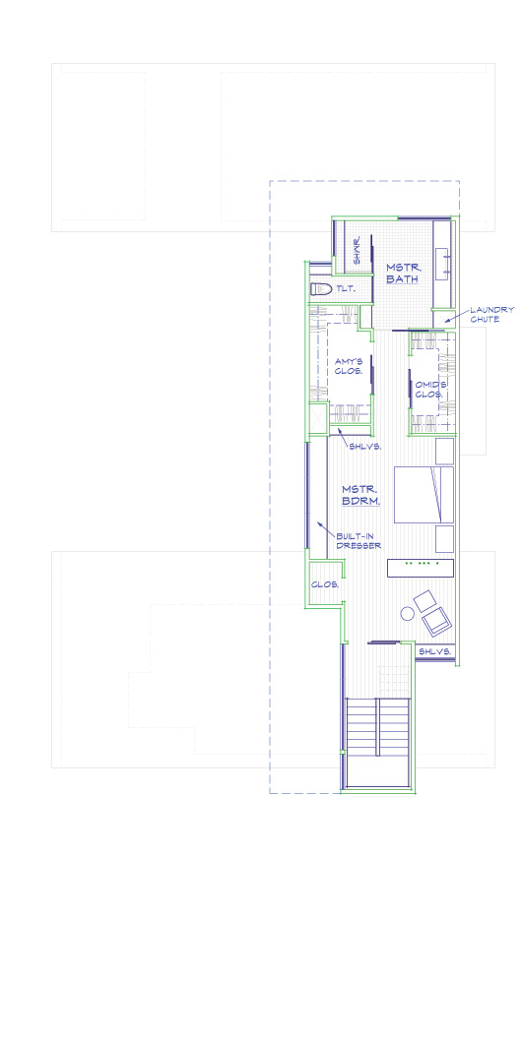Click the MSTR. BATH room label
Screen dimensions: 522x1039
(x=403, y=273)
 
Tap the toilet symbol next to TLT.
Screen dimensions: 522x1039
(x=321, y=289)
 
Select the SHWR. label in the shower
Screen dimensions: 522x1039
(x=357, y=251)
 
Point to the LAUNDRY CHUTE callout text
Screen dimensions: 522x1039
(x=491, y=314)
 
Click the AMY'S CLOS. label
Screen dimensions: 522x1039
(x=349, y=366)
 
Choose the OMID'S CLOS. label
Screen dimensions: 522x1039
(x=429, y=390)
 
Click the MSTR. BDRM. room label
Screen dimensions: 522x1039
(x=360, y=495)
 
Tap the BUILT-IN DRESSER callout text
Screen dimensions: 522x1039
(x=359, y=541)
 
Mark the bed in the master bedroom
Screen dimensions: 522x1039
(x=424, y=495)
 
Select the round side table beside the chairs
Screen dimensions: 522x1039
(x=407, y=614)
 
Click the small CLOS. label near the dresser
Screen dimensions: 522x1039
(x=325, y=584)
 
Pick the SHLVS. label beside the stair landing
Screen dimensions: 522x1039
(x=434, y=651)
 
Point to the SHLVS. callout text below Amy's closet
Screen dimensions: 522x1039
(x=364, y=447)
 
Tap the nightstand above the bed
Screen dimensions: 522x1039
(x=444, y=451)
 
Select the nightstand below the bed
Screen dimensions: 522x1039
(x=444, y=539)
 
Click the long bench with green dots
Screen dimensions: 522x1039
(x=421, y=568)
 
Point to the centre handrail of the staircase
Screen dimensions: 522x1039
(x=377, y=726)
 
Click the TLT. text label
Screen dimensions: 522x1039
(x=345, y=289)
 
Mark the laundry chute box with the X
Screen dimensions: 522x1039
(x=318, y=418)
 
